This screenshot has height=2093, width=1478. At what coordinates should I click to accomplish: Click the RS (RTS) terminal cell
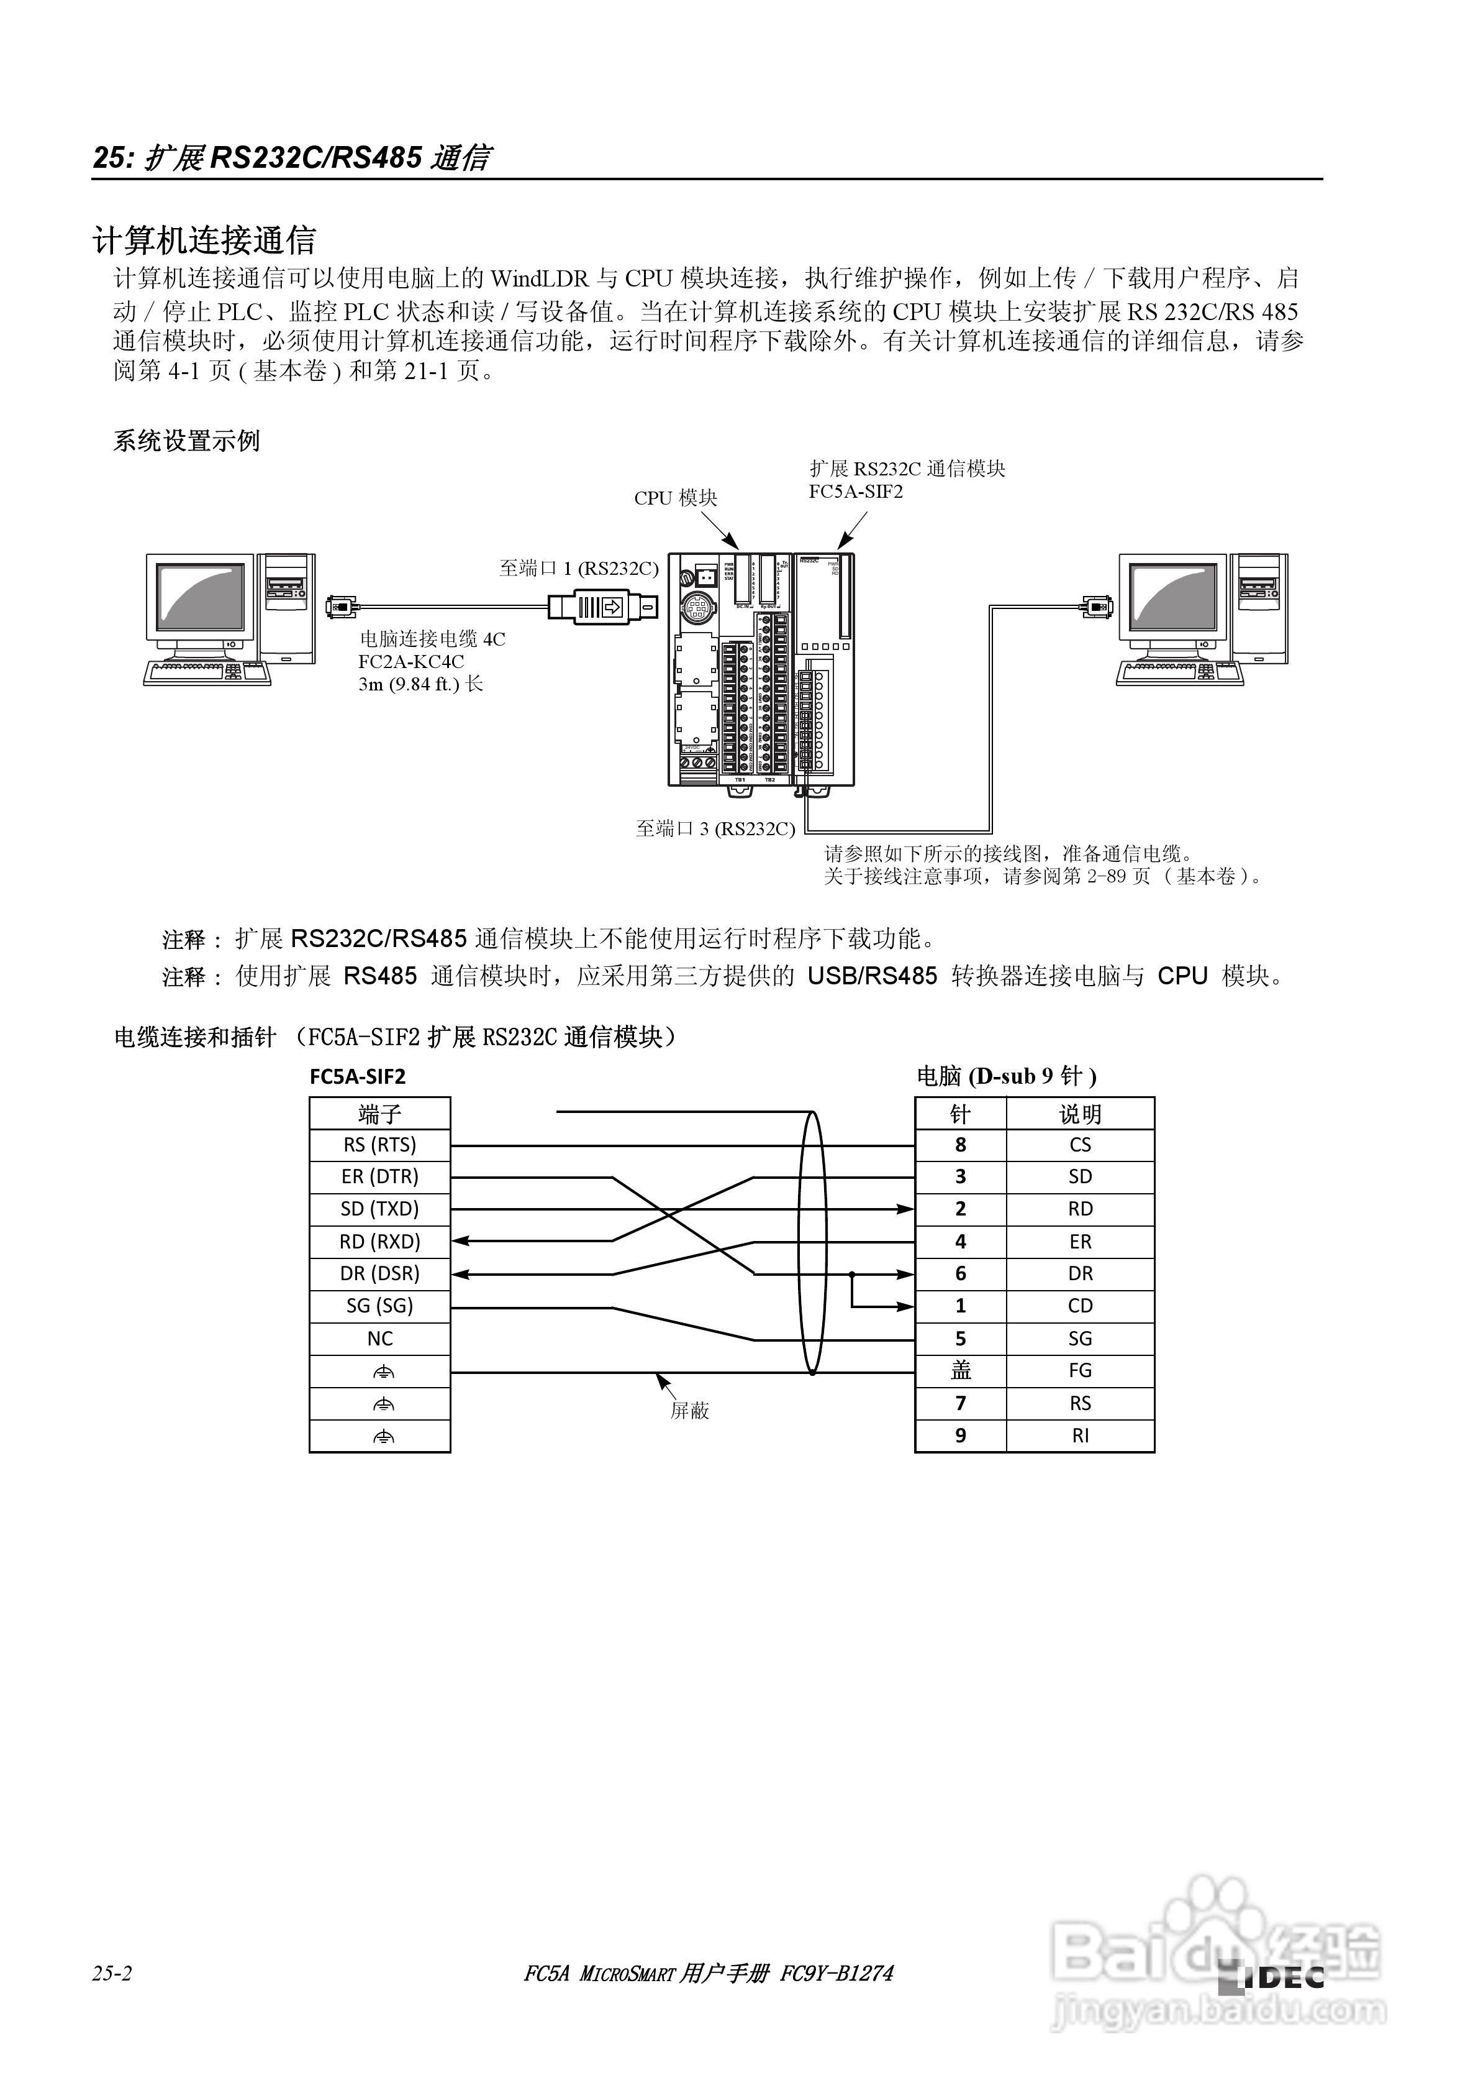click(x=380, y=1145)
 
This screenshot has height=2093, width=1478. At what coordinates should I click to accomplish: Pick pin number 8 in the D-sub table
click(x=961, y=1145)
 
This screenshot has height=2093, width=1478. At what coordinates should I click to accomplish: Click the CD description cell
click(x=1080, y=1306)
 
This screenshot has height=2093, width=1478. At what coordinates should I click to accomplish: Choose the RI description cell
click(x=1080, y=1436)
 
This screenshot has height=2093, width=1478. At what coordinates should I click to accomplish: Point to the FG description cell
click(x=1080, y=1371)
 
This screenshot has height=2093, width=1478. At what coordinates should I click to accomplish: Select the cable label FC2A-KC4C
click(x=411, y=662)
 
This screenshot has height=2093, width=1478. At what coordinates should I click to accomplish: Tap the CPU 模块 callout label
click(x=675, y=498)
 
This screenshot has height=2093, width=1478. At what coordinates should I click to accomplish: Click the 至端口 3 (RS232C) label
click(x=715, y=828)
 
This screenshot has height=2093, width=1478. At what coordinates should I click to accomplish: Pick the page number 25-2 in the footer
click(x=112, y=1974)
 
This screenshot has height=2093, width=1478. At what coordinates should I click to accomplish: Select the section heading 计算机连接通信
click(x=204, y=240)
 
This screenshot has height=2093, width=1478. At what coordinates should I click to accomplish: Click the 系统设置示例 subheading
click(x=187, y=441)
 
